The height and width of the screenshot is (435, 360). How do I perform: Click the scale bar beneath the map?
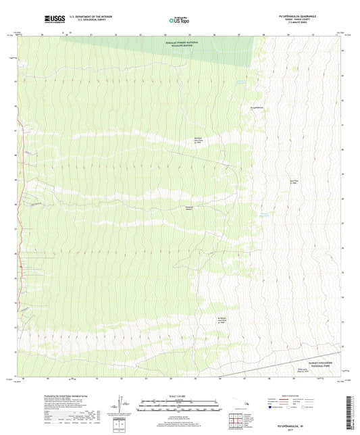click(180, 407)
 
